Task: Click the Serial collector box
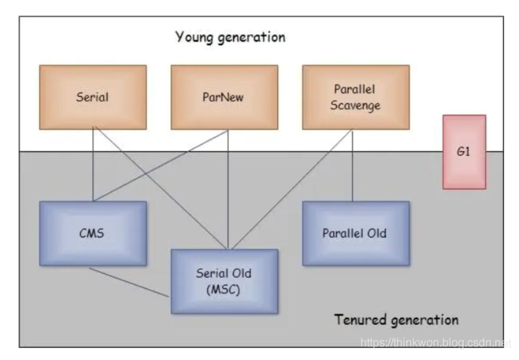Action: [x=93, y=97]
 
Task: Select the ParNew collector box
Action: [x=224, y=97]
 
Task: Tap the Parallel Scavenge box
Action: [x=356, y=97]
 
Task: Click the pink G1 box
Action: [x=464, y=152]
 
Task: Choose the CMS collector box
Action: [x=93, y=233]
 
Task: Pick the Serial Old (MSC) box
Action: [x=224, y=281]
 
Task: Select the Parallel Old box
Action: [x=356, y=233]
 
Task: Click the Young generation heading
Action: [x=230, y=37]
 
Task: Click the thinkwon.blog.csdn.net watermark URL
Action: [x=435, y=343]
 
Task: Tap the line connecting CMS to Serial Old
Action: [x=129, y=283]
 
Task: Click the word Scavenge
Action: [x=355, y=106]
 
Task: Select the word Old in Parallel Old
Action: [x=377, y=233]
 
